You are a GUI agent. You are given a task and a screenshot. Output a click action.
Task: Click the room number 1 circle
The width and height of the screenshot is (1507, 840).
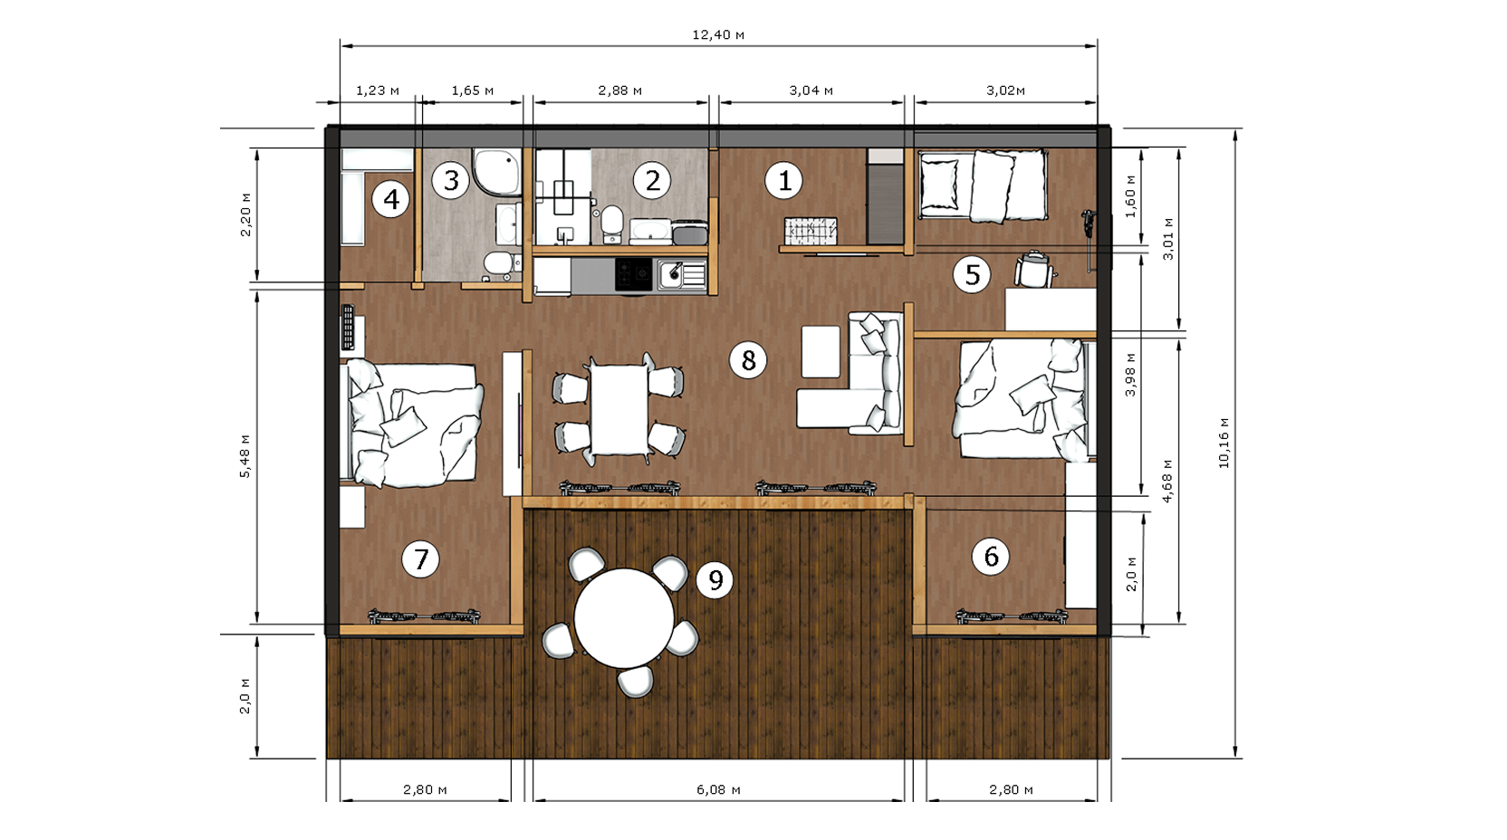click(783, 180)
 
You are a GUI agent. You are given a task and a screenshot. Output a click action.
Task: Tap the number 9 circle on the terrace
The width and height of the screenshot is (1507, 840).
click(715, 579)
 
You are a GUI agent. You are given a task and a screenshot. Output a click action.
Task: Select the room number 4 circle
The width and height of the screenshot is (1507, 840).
click(391, 199)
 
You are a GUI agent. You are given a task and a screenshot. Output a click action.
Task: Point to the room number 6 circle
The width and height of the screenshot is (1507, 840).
click(991, 556)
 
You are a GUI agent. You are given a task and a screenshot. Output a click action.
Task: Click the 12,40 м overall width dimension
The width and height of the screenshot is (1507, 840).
click(718, 34)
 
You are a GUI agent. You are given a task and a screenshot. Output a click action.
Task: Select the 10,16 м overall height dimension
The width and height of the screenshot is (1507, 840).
click(1224, 443)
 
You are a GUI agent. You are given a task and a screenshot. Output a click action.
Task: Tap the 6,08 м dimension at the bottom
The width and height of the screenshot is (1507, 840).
click(718, 789)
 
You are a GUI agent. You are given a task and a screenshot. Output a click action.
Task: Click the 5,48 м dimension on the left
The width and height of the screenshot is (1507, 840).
click(245, 456)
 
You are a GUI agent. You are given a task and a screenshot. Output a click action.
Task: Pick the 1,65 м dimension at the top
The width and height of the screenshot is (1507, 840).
click(472, 91)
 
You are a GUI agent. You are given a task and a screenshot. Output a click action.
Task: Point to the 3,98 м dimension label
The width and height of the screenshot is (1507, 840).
click(1130, 375)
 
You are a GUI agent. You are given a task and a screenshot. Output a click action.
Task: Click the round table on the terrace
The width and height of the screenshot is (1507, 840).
click(624, 618)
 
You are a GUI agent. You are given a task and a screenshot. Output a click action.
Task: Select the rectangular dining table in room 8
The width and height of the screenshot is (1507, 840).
click(619, 409)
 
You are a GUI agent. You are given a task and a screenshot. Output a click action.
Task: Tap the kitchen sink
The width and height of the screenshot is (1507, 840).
click(682, 275)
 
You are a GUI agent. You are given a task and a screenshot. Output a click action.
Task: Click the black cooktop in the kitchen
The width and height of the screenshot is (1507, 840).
click(634, 274)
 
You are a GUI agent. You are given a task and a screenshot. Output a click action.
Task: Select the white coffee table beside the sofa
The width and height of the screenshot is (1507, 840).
click(821, 352)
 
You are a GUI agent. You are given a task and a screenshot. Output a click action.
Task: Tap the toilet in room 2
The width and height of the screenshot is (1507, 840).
click(611, 223)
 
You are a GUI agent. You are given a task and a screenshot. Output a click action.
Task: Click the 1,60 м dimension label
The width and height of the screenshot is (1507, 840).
click(1130, 196)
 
